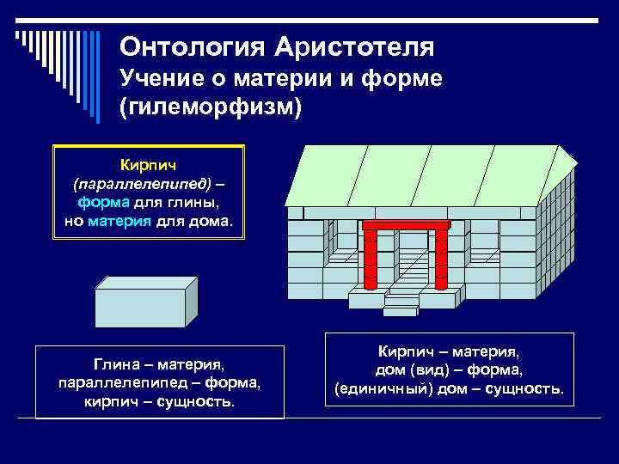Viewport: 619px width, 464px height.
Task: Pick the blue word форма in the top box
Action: pos(104,203)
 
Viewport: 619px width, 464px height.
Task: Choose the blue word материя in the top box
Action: pos(121,220)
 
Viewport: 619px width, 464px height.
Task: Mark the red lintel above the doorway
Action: pos(406,225)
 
